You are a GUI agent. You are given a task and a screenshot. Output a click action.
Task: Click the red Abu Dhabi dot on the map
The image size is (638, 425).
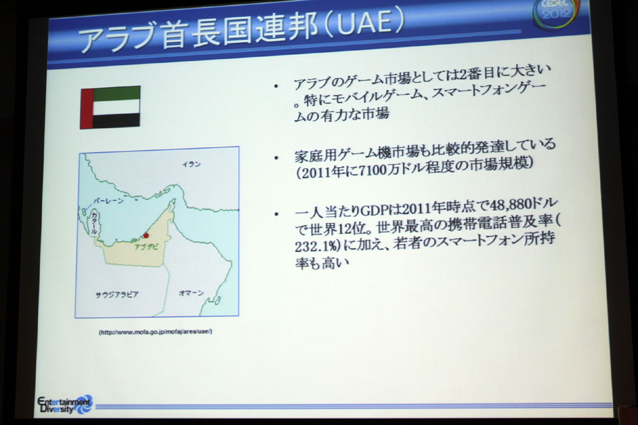146,236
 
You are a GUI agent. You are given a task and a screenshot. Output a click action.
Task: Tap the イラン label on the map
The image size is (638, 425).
191,164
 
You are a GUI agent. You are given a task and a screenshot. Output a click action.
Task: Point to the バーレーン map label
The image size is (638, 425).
108,201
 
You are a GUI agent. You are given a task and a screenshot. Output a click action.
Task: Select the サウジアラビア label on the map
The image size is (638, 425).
117,294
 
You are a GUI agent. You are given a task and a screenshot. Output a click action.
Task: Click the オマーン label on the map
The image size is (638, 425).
191,292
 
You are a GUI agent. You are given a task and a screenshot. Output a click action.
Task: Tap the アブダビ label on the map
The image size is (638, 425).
146,246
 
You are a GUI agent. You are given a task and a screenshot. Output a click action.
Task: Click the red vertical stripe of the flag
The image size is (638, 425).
87,108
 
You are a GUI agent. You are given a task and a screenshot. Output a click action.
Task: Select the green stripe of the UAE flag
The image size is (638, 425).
117,93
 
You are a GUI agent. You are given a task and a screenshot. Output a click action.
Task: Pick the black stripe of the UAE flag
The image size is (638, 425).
117,121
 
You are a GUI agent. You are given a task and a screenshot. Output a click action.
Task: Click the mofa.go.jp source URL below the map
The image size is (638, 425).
155,332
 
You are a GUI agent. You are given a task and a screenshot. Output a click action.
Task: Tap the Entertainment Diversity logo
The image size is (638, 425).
65,404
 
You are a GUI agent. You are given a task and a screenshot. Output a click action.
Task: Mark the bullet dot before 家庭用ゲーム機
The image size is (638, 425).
277,158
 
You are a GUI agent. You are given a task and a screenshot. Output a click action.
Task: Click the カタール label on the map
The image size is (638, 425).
94,223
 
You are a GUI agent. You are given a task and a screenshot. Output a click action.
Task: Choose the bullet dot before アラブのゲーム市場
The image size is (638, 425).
276,86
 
